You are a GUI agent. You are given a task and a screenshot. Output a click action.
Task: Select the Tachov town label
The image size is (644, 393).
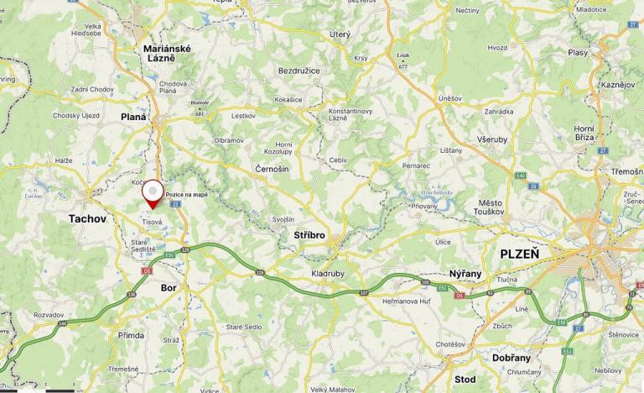tap(88, 218)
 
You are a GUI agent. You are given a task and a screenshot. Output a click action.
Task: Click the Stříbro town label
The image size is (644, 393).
tap(309, 236)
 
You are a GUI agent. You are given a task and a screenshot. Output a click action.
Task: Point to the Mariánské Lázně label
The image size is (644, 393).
tap(168, 53)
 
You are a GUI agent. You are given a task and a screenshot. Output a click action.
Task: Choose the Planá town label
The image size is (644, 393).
tap(133, 117)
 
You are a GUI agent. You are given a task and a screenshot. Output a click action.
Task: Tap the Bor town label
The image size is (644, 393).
tap(168, 287)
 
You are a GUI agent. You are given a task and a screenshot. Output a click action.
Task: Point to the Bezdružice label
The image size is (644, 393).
tap(299, 71)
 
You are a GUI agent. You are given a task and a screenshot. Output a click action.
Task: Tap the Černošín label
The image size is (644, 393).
tap(272, 169)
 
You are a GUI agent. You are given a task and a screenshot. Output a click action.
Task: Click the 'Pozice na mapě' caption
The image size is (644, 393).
tap(186, 194)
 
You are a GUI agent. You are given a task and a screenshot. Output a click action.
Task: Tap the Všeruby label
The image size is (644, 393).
tap(491, 139)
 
